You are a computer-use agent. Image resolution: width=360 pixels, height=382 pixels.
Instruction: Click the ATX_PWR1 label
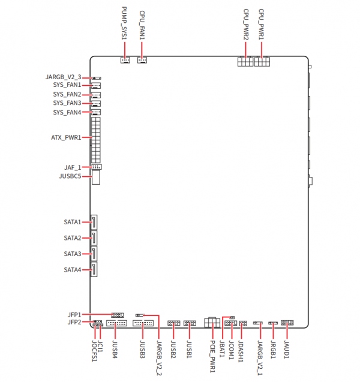pyautogui.click(x=66, y=137)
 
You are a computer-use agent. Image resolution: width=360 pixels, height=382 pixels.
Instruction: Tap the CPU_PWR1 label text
pyautogui.click(x=261, y=25)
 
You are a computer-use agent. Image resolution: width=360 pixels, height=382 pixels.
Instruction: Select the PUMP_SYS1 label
pyautogui.click(x=124, y=25)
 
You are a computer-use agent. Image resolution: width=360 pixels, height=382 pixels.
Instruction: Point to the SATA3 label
pyautogui.click(x=73, y=254)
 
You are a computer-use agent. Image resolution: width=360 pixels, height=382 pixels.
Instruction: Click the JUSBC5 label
pyautogui.click(x=73, y=176)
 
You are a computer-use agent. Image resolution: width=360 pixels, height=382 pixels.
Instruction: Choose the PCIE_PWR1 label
pyautogui.click(x=212, y=357)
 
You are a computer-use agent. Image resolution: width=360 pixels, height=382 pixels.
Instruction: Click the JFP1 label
pyautogui.click(x=74, y=314)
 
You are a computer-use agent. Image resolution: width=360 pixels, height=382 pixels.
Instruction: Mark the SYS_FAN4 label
pyautogui.click(x=67, y=112)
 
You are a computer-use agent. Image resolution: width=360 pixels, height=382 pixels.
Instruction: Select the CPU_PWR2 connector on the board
pyautogui.click(x=245, y=62)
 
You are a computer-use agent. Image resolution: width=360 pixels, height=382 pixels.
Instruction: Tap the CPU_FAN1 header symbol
pyautogui.click(x=142, y=60)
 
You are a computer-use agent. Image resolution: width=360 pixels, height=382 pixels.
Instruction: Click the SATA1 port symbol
pyautogui.click(x=94, y=222)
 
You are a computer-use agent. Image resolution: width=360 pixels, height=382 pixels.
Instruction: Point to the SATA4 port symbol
pyautogui.click(x=94, y=269)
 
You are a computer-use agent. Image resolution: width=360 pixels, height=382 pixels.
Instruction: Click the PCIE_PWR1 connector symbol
pyautogui.click(x=211, y=323)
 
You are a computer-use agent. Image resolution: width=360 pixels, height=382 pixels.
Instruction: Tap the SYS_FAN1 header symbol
pyautogui.click(x=96, y=86)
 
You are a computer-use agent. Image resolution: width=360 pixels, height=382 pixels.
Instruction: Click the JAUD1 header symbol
pyautogui.click(x=287, y=323)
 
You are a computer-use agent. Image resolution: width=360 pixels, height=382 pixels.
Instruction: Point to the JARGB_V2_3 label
pyautogui.click(x=63, y=77)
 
